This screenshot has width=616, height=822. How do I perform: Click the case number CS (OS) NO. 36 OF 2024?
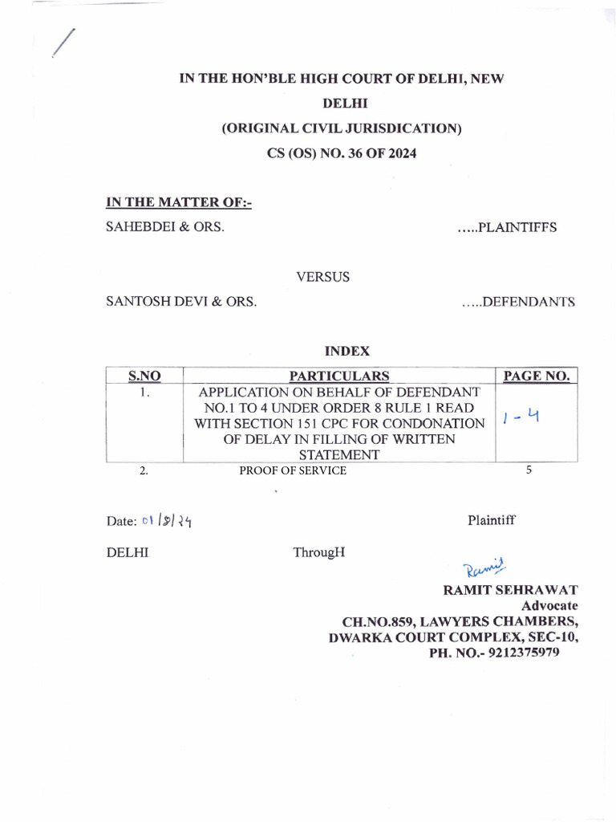pyautogui.click(x=341, y=153)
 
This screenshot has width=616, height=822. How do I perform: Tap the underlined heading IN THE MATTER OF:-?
pyautogui.click(x=179, y=203)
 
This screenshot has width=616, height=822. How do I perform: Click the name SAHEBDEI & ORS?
pyautogui.click(x=165, y=227)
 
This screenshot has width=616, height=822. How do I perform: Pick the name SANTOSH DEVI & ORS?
pyautogui.click(x=181, y=302)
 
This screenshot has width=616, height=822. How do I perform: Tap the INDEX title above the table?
pyautogui.click(x=346, y=351)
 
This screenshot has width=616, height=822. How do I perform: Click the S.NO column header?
pyautogui.click(x=144, y=376)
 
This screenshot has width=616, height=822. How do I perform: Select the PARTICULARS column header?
pyautogui.click(x=339, y=376)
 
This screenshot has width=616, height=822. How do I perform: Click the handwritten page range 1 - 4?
pyautogui.click(x=520, y=417)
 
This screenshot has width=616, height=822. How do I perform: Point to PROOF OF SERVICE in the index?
pyautogui.click(x=293, y=471)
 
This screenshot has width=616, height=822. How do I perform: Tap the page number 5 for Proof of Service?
pyautogui.click(x=529, y=470)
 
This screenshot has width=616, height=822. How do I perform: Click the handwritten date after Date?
pyautogui.click(x=167, y=522)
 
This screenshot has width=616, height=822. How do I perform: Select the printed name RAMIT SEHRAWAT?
pyautogui.click(x=510, y=590)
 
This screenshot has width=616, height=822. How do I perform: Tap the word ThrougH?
pyautogui.click(x=318, y=552)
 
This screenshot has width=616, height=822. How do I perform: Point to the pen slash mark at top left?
pyautogui.click(x=63, y=43)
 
